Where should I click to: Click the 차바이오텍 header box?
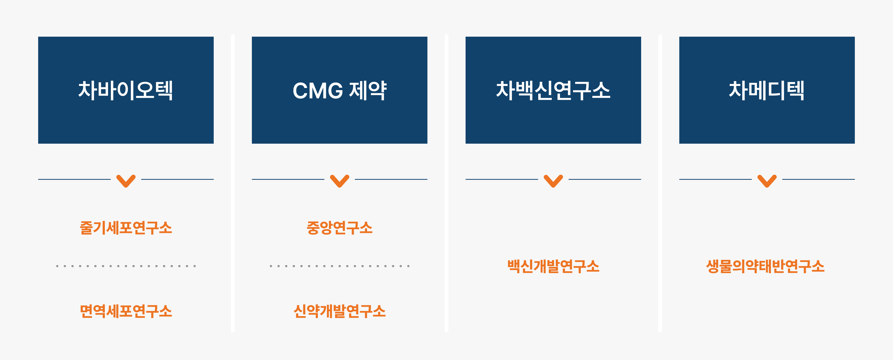coord(126,90)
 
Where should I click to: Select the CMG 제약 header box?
coord(339,90)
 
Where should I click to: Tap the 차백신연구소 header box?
coord(553,90)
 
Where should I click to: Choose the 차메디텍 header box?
coord(767,90)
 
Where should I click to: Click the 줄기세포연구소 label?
coord(126,228)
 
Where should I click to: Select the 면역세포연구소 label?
coord(126,311)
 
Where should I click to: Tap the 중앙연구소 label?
coord(339,228)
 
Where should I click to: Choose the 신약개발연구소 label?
coord(339,311)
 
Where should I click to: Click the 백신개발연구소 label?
coord(553,266)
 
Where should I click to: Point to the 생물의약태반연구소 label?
coord(765,266)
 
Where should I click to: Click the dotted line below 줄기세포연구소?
coord(126,266)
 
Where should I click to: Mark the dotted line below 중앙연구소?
coord(339,266)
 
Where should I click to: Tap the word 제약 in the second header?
coord(368,91)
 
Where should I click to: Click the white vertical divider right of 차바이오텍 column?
coord(233,183)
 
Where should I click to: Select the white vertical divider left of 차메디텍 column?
coord(660,183)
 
